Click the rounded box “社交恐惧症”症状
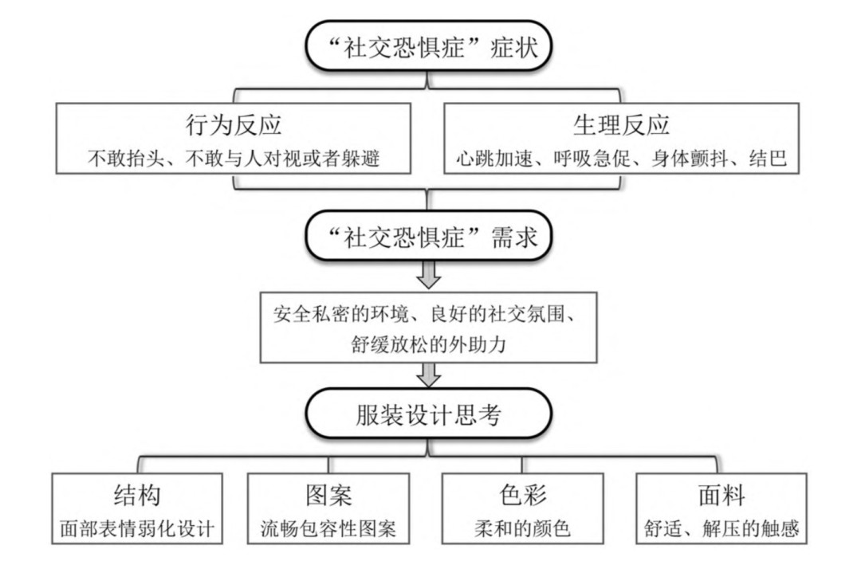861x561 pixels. pyautogui.click(x=429, y=49)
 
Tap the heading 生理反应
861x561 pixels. pyautogui.click(x=621, y=125)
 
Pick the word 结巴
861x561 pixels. pyautogui.click(x=769, y=158)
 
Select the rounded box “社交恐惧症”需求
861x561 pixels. pyautogui.click(x=429, y=235)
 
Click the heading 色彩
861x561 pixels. pyautogui.click(x=524, y=495)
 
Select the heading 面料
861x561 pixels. pyautogui.click(x=720, y=495)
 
